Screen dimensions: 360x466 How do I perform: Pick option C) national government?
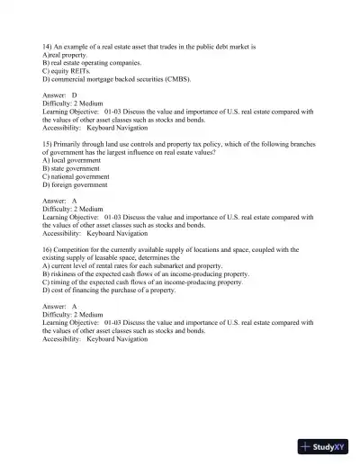point(76,176)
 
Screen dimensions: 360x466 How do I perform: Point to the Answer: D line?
point(59,94)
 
